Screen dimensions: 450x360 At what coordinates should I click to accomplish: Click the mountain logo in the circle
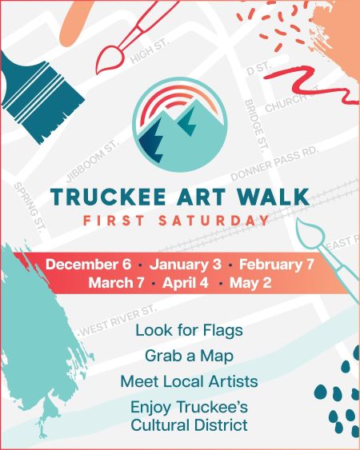coord(180,125)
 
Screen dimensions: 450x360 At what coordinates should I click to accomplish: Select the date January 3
coord(185,265)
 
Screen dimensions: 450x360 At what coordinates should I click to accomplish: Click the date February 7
coord(277,265)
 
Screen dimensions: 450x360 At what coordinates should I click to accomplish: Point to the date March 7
coord(118,283)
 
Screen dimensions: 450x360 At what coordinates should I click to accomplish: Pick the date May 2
coord(250,283)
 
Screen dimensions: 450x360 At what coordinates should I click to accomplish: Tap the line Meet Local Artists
coord(189,380)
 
